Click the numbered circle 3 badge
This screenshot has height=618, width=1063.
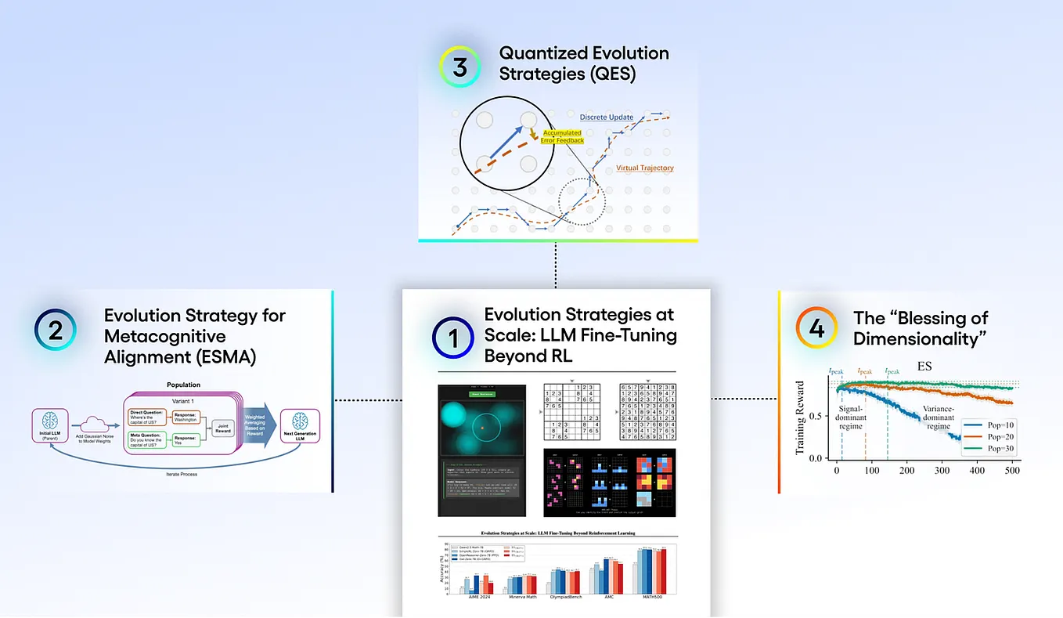point(460,67)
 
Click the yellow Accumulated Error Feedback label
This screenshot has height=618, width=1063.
point(563,136)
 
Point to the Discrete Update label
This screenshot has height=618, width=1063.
point(607,117)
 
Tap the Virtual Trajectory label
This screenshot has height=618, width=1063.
point(645,168)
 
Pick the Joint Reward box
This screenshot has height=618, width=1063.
point(224,427)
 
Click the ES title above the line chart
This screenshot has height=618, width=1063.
point(924,366)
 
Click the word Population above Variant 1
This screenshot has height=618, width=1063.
point(184,385)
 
